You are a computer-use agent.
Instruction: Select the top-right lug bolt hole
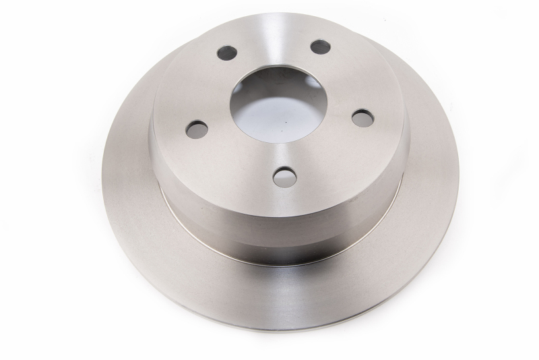tap(321, 47)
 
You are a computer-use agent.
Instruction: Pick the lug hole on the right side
tap(362, 117)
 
